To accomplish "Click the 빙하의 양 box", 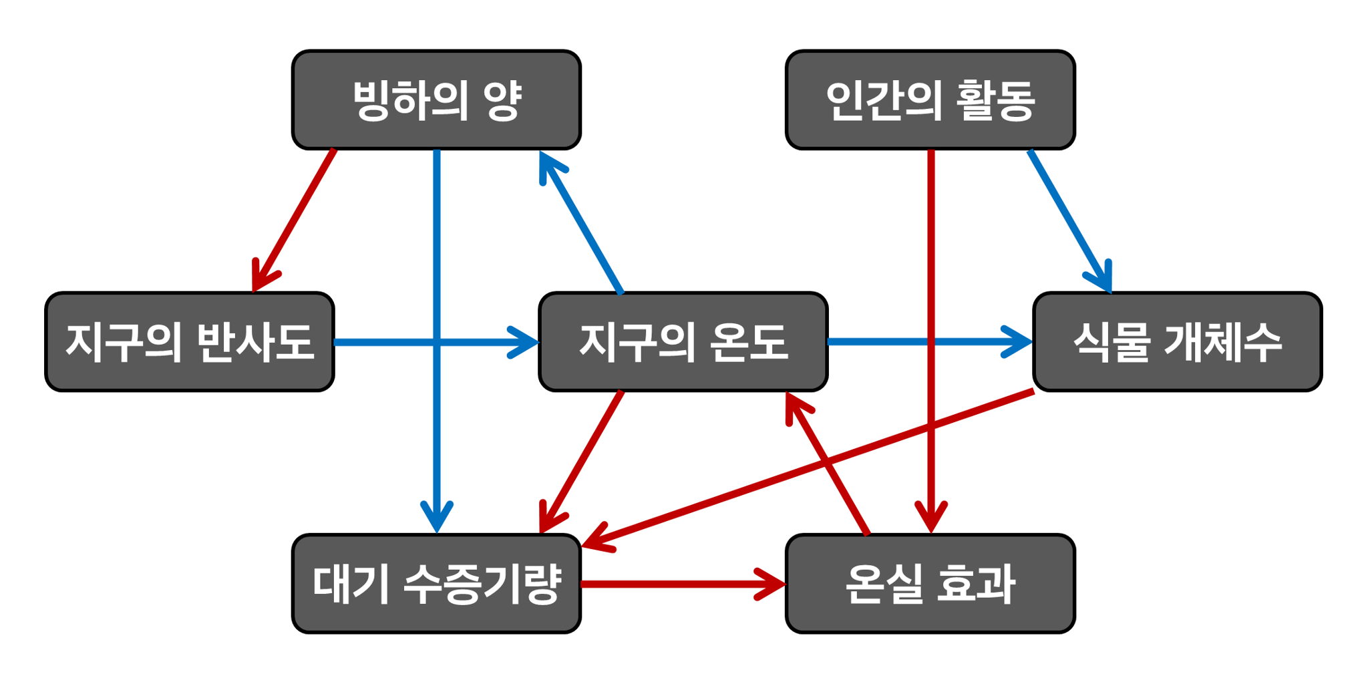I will (436, 100).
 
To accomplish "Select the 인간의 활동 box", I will (930, 100).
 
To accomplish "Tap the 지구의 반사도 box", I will (190, 341).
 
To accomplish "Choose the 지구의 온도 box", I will (683, 341).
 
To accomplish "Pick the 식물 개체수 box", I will (1177, 341).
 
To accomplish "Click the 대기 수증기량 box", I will (436, 583).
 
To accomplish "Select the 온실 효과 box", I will (930, 583).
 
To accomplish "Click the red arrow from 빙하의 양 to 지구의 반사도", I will (294, 220).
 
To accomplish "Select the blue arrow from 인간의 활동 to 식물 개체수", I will (1069, 220).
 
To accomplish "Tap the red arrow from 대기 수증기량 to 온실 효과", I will (681, 584).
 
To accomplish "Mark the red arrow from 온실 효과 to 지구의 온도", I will (828, 464).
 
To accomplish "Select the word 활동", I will (995, 100).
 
